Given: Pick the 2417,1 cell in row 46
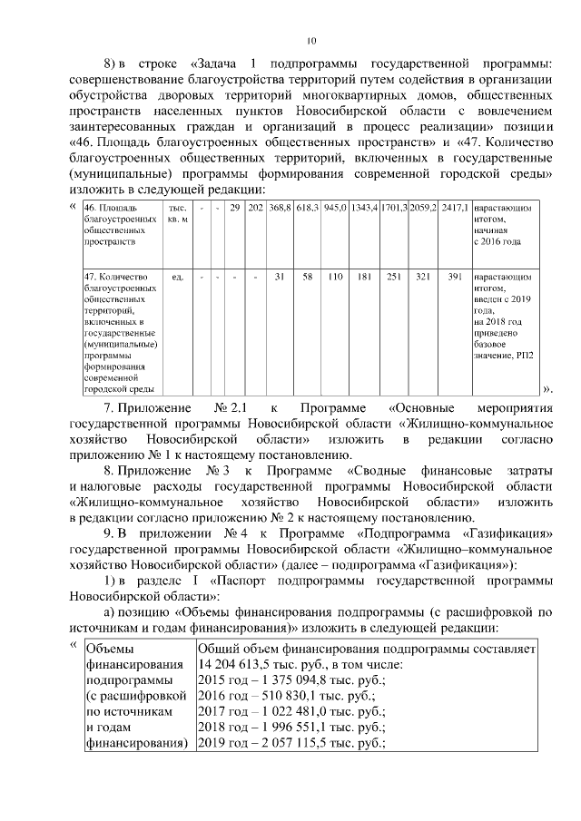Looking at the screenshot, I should [x=454, y=209].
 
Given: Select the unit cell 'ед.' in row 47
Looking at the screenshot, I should [x=177, y=277].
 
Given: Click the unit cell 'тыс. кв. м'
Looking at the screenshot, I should [x=177, y=214].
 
